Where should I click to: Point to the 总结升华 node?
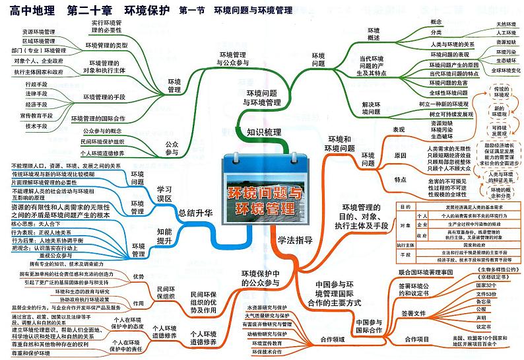point(196,213)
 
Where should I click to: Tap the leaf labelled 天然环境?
point(506,24)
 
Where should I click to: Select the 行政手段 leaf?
point(37,85)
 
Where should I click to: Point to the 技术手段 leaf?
point(37,126)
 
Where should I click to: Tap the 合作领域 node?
point(333,340)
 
